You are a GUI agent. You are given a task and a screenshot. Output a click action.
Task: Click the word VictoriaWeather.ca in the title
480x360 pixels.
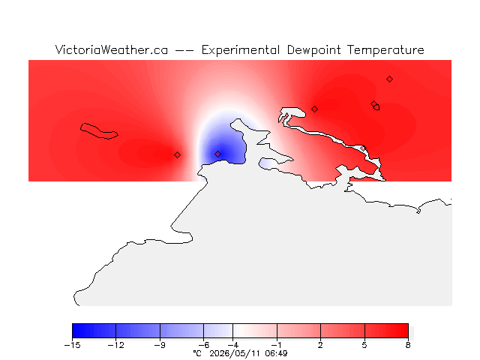(112, 50)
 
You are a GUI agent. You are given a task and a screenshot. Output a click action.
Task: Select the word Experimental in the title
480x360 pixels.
(240, 50)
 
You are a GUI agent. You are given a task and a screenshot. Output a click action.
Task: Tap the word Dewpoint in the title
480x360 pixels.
(313, 50)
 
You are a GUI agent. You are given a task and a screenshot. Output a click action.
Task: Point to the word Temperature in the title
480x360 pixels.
(385, 50)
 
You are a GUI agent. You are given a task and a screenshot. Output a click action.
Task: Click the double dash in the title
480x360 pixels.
(184, 50)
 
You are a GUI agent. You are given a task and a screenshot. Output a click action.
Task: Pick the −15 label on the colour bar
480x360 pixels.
(72, 345)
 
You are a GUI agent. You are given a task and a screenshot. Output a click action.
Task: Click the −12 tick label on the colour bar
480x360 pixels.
(116, 345)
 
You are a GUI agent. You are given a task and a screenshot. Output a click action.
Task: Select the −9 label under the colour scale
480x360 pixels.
(160, 345)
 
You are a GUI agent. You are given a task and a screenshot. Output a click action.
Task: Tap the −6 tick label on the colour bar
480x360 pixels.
(203, 345)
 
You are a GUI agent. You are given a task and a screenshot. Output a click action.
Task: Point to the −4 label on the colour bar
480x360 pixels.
(232, 345)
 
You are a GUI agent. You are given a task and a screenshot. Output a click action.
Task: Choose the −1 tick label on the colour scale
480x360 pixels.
(277, 345)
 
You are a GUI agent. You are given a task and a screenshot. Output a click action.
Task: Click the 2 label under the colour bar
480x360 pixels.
(320, 345)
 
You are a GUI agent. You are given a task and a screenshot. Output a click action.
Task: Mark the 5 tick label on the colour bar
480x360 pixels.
(364, 345)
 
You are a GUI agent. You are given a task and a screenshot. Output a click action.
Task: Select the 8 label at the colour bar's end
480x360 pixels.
(408, 345)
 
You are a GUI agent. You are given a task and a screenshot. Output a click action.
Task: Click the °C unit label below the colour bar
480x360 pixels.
(197, 353)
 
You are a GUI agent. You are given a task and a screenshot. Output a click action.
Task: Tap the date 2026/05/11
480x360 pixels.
(235, 353)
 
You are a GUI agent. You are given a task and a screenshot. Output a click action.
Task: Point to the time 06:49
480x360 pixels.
(276, 353)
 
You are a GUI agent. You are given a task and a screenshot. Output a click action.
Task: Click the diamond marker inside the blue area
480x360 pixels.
(217, 154)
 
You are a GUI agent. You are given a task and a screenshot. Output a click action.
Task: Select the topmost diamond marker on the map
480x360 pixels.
(389, 79)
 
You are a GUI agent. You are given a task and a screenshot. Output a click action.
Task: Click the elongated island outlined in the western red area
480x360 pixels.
(99, 131)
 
